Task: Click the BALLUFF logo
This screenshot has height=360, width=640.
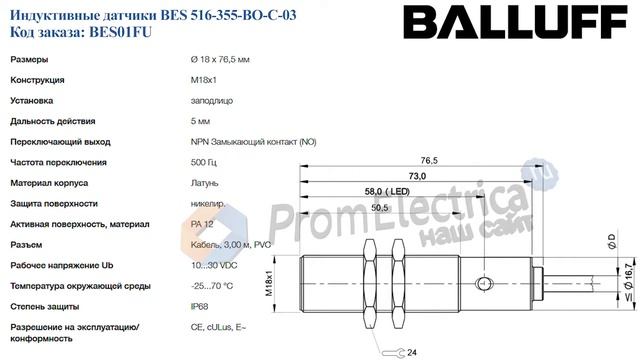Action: (515, 22)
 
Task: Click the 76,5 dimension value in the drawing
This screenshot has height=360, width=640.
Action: (429, 160)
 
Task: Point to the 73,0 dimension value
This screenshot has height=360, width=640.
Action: (417, 176)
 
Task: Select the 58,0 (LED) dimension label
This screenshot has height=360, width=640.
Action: (387, 191)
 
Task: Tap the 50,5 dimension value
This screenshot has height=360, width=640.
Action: (380, 208)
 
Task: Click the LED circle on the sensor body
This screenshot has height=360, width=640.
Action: (484, 283)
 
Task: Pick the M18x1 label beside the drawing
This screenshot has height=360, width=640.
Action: (269, 283)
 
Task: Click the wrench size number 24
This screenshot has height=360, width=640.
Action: (412, 352)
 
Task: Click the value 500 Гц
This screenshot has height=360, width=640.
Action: (204, 162)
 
